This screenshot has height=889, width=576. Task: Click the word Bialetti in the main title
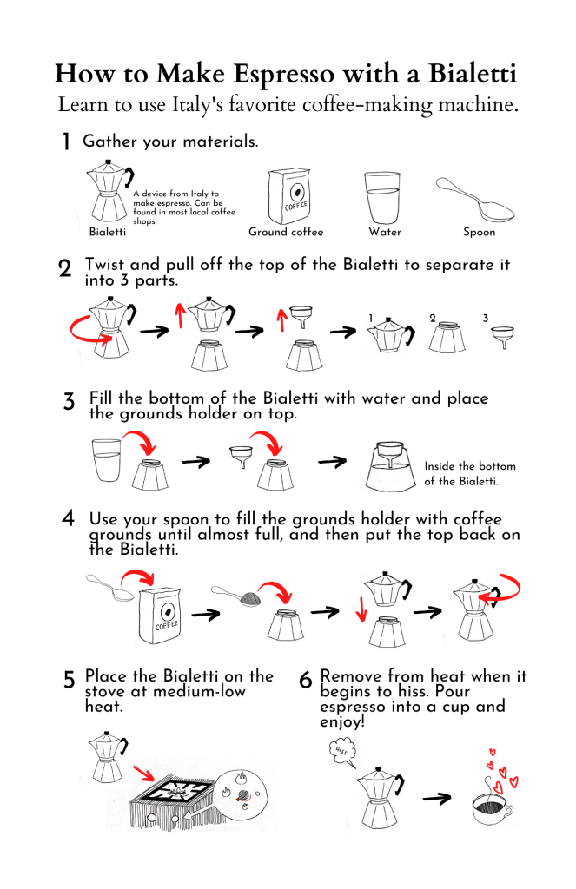[x=472, y=74]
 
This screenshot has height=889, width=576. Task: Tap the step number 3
[x=69, y=401]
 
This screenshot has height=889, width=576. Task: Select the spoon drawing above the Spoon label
[x=475, y=200]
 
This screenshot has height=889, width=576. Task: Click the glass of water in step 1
[x=382, y=198]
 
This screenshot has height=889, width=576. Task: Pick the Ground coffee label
[x=286, y=232]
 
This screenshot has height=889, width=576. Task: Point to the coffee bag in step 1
[x=289, y=196]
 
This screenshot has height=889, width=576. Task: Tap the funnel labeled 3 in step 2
[x=503, y=337]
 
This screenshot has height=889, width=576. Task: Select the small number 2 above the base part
[x=433, y=318]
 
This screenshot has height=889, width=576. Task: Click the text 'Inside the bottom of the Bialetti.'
[x=470, y=473]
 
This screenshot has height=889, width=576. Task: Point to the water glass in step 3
[x=107, y=460]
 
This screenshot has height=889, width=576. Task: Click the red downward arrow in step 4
[x=361, y=609]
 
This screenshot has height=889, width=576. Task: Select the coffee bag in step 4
[x=160, y=616]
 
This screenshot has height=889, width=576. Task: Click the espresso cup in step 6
[x=492, y=808]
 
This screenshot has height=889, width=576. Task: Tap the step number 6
[x=305, y=679]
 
